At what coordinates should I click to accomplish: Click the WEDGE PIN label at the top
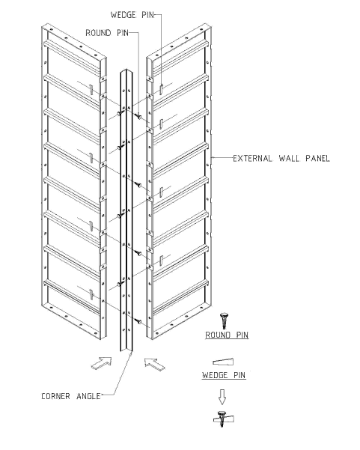132,15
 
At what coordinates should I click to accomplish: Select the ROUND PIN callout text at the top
107,33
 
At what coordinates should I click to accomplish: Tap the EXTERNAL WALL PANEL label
281,159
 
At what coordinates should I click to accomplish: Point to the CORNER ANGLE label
71,396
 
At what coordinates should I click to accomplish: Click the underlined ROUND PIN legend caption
227,335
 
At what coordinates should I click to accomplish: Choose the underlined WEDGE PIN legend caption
224,375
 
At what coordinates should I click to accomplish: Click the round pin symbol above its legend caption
224,320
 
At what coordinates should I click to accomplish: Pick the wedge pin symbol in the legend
223,362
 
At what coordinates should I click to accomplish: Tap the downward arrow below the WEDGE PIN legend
222,397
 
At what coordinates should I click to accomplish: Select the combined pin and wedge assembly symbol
223,419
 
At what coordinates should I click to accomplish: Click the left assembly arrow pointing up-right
101,363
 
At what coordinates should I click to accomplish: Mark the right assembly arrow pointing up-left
154,364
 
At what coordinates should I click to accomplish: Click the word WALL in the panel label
289,159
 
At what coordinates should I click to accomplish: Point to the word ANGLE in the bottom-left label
88,396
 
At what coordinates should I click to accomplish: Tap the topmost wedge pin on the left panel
91,90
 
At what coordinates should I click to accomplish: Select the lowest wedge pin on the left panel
91,294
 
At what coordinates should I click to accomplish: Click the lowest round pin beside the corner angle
139,321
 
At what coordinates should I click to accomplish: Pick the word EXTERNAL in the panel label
252,159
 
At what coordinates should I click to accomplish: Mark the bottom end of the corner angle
126,351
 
